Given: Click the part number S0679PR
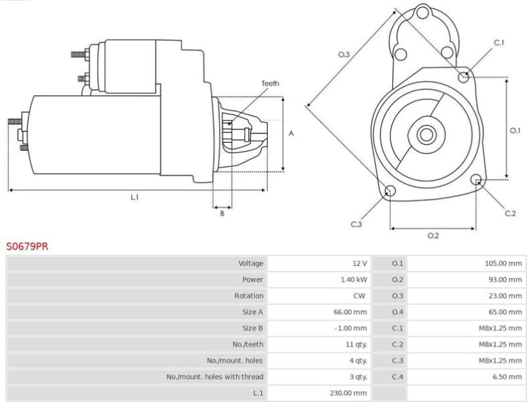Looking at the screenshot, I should [27, 247].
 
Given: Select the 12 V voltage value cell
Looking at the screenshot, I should [360, 263].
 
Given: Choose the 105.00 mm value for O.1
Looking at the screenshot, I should [503, 263].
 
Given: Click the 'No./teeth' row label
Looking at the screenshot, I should [249, 344].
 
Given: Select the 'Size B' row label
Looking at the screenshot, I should [252, 328].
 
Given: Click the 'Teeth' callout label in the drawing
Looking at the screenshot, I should [270, 84].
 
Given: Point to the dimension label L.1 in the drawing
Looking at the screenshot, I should [135, 197].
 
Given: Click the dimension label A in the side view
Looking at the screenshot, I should [291, 134].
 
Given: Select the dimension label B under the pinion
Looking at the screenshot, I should [222, 213].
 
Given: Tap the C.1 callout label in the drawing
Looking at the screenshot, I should [499, 43].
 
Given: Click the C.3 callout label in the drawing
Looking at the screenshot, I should [356, 224].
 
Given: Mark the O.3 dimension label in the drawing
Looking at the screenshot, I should [344, 54].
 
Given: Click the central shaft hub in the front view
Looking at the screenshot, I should [426, 135].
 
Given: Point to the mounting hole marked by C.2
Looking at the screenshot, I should [476, 180].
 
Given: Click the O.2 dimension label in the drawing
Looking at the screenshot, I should [433, 236].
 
